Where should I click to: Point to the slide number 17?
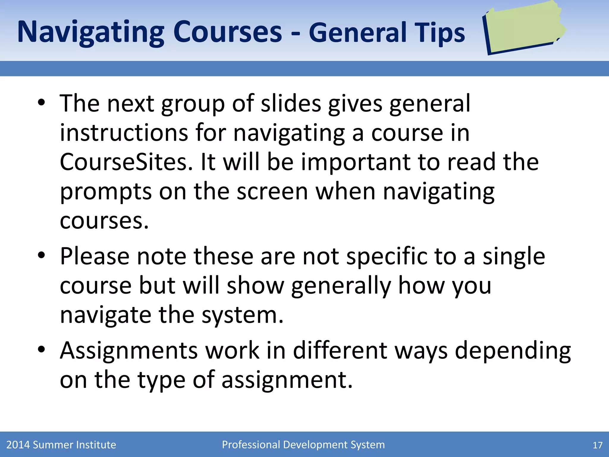click(597, 445)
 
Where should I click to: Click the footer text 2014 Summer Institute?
click(61, 445)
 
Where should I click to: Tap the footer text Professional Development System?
click(303, 445)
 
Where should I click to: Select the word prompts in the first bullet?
click(106, 192)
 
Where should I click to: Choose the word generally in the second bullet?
click(341, 286)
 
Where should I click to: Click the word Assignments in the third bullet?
click(129, 350)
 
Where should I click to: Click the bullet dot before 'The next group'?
click(41, 103)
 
